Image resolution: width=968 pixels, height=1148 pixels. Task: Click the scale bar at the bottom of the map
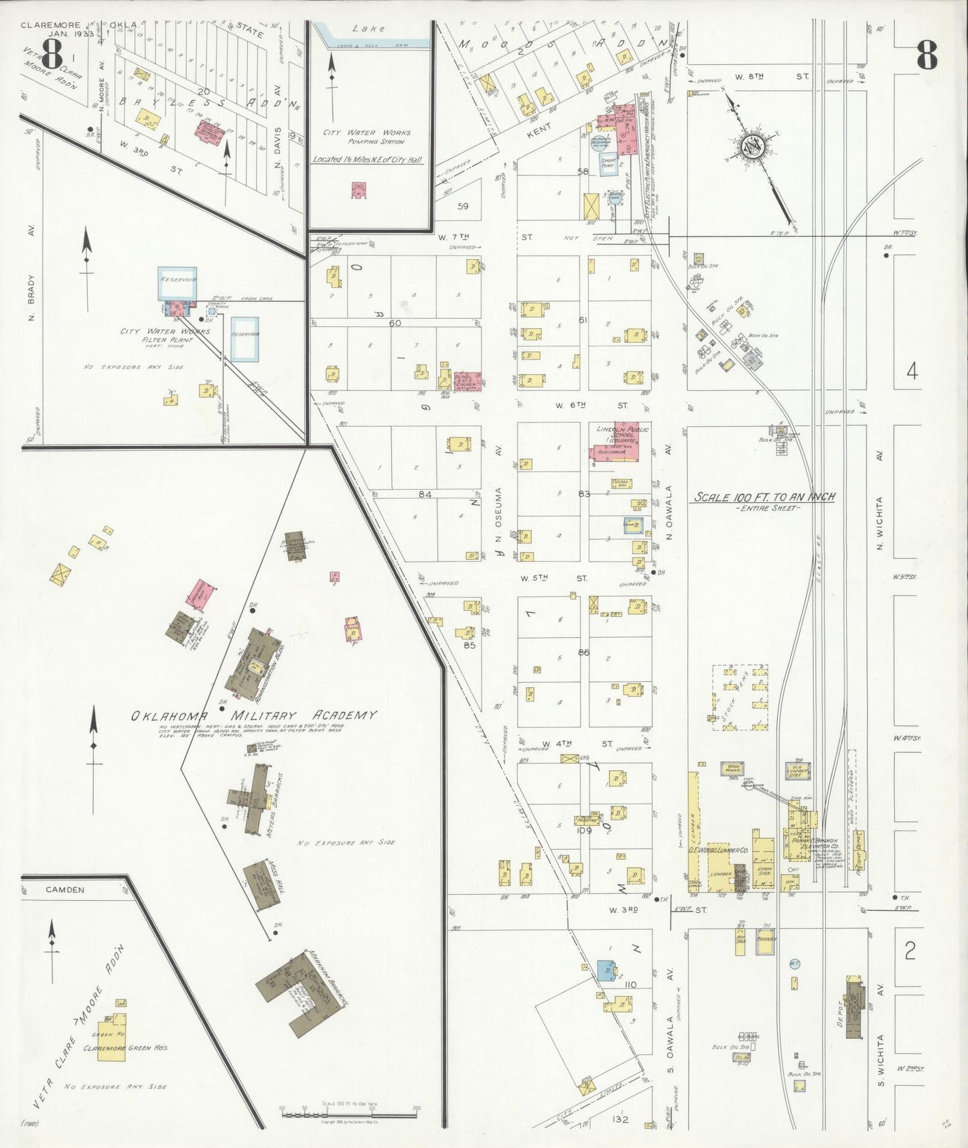tap(348, 1115)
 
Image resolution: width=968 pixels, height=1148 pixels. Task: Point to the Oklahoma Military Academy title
tap(253, 715)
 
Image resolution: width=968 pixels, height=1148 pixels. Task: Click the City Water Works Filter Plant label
tap(165, 335)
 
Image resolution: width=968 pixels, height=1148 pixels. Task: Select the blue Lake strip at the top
tap(375, 42)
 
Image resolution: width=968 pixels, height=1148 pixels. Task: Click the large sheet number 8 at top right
tap(926, 55)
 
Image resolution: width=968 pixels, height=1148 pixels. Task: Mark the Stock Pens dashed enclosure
tap(740, 697)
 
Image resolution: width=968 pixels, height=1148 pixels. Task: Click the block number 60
tap(395, 323)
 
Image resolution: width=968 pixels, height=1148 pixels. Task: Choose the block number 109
tap(585, 831)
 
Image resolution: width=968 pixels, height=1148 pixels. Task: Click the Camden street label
tap(65, 890)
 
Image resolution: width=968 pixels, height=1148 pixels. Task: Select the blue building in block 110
tap(606, 971)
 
